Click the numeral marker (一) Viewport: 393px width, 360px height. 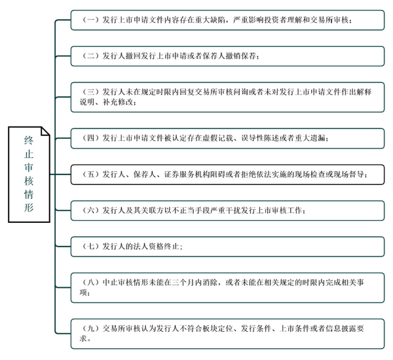click(90, 20)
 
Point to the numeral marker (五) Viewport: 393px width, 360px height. click(90, 174)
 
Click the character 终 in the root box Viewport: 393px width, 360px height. click(29, 140)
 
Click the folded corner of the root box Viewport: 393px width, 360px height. click(45, 130)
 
